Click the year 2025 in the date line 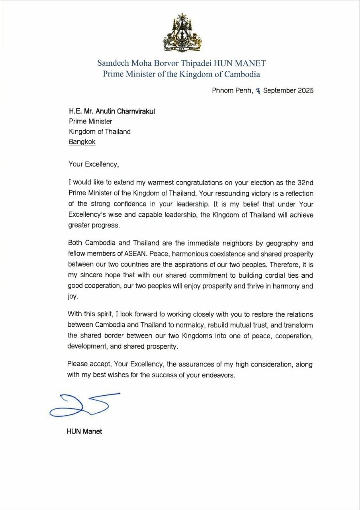tap(305, 90)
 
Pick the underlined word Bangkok tap(82, 142)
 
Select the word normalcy tap(198, 325)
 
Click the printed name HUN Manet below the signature tap(84, 432)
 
